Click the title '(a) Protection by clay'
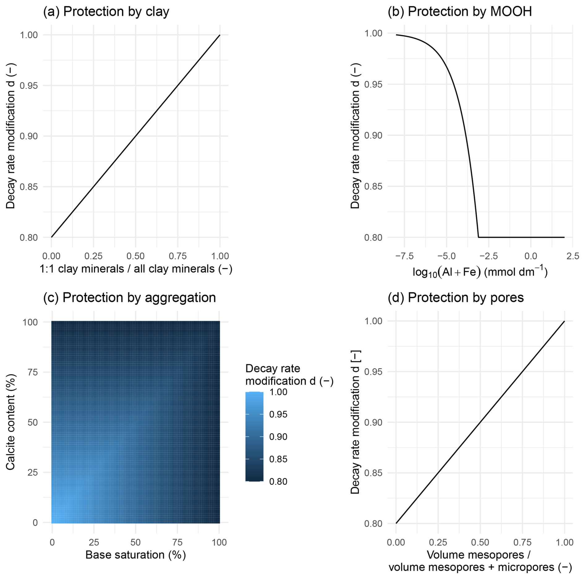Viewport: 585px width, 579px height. (106, 12)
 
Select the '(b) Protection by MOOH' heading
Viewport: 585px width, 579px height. (459, 12)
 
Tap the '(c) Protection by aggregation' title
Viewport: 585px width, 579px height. (129, 298)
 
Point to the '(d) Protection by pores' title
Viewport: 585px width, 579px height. (455, 298)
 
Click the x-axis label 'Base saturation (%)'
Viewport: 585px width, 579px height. (135, 555)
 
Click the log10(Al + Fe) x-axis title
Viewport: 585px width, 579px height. (480, 272)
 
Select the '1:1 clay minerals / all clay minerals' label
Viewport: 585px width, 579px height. (135, 269)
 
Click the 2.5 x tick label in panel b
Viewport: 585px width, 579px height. (573, 256)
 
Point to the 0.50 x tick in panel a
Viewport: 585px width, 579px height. (135, 256)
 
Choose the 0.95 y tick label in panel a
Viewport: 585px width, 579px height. (28, 85)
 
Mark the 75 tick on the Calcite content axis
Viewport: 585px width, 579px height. (32, 372)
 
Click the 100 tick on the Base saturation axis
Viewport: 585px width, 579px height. (219, 542)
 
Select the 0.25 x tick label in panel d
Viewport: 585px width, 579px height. (438, 542)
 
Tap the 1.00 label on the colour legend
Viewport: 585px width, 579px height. (278, 392)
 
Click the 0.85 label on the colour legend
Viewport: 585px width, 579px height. (278, 459)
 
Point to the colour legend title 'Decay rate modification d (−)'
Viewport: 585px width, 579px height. (289, 375)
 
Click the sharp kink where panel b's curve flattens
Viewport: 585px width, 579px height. (478, 237)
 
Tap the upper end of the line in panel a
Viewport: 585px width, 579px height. (220, 35)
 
